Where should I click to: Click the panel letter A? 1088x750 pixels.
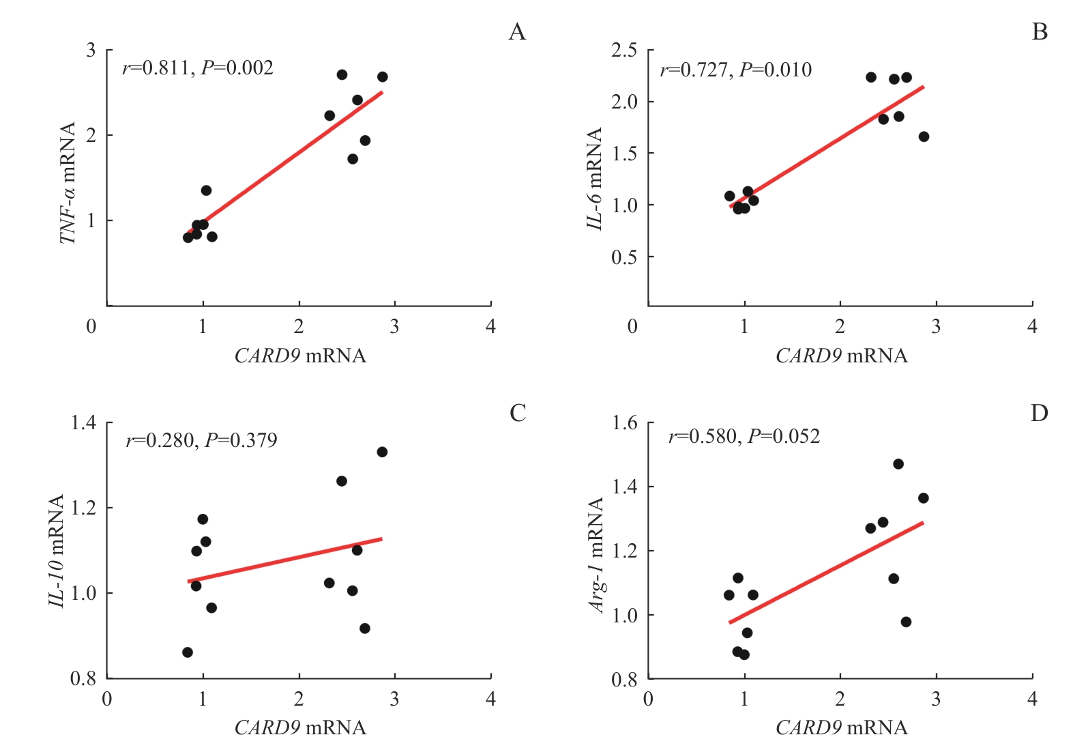pyautogui.click(x=517, y=32)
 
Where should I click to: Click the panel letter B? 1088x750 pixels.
pyautogui.click(x=1040, y=32)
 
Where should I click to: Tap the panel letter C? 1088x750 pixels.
pyautogui.click(x=518, y=413)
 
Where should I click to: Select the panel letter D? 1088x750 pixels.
pyautogui.click(x=1039, y=413)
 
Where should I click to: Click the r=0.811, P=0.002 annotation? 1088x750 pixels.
pyautogui.click(x=198, y=68)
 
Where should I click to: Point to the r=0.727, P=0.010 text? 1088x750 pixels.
pyautogui.click(x=736, y=70)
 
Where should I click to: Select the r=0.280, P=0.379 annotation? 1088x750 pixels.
pyautogui.click(x=202, y=440)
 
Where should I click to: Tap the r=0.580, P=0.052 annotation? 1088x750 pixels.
pyautogui.click(x=744, y=437)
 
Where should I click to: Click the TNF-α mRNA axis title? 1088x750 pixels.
pyautogui.click(x=68, y=183)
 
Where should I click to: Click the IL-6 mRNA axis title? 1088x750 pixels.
pyautogui.click(x=596, y=179)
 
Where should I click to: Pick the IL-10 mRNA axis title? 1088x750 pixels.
pyautogui.click(x=57, y=551)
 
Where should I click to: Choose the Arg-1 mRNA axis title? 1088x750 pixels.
pyautogui.click(x=597, y=555)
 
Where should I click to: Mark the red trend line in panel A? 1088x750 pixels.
pyautogui.click(x=285, y=162)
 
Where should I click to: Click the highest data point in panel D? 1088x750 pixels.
pyautogui.click(x=898, y=464)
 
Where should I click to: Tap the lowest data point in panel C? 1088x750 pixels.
pyautogui.click(x=188, y=652)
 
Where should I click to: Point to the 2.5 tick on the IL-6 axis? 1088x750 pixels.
pyautogui.click(x=624, y=51)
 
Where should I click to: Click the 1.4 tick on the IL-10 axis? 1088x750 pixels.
pyautogui.click(x=84, y=423)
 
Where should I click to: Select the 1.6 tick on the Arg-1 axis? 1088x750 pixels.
pyautogui.click(x=624, y=423)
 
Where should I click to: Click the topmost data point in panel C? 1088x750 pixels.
pyautogui.click(x=382, y=452)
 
